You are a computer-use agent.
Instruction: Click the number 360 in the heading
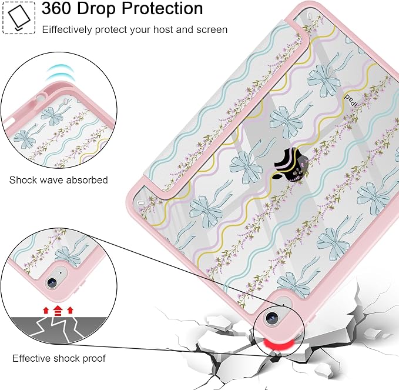[x=56, y=8]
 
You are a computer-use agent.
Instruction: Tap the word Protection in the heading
[x=162, y=8]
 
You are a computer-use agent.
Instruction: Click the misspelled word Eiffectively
[x=67, y=30]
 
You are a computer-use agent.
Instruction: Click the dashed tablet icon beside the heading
[x=19, y=17]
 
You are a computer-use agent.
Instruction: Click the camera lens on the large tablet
[x=271, y=318]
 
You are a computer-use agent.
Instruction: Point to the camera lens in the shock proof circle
[x=52, y=282]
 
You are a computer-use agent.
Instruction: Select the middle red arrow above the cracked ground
[x=58, y=310]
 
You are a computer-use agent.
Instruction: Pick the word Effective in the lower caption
[x=31, y=358]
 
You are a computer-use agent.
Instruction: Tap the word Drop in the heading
[x=97, y=9]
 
